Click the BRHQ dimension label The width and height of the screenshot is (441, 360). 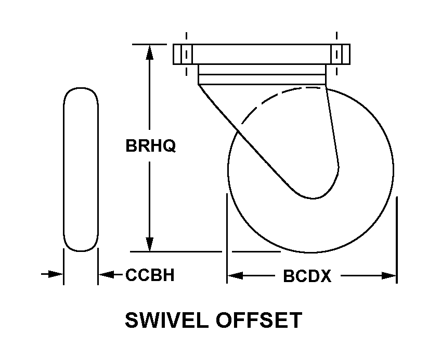150,146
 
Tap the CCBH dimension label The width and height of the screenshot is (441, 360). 150,275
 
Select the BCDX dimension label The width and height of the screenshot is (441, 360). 307,276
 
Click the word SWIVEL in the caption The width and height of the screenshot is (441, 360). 167,320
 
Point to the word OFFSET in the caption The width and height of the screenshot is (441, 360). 259,320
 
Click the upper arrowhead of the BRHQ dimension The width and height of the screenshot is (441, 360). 150,52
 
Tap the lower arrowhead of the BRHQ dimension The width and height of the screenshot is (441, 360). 150,244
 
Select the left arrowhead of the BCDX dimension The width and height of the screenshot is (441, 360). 235,276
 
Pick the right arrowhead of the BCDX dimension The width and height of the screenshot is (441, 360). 388,276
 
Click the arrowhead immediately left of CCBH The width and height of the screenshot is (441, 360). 106,274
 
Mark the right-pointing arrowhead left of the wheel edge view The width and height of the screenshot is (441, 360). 56,274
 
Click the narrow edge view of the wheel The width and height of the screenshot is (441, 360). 81,169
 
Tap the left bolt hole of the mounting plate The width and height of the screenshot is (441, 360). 186,54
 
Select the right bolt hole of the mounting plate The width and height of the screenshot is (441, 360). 336,54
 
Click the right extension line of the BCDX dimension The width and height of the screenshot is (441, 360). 397,240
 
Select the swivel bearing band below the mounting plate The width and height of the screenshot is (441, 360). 262,74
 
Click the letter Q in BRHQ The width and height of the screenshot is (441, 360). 170,146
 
